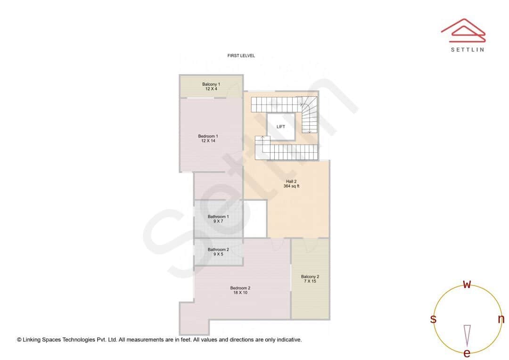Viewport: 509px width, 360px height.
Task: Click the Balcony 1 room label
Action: [211, 84]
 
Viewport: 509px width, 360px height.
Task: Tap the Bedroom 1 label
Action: [208, 136]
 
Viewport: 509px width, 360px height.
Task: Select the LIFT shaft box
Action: [281, 127]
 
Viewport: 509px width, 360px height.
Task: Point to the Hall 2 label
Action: [291, 181]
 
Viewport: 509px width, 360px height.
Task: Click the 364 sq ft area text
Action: [291, 187]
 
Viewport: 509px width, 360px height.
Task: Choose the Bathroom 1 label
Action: [218, 217]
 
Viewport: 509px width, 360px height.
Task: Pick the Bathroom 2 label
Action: [218, 250]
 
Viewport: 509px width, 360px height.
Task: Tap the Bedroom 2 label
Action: [240, 288]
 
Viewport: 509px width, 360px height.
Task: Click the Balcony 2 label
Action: [310, 277]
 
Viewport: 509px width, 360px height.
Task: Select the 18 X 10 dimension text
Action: [240, 293]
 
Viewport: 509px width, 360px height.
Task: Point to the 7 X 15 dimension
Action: [310, 281]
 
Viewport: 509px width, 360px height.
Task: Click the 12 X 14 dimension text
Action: [208, 141]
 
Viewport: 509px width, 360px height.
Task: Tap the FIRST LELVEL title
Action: [241, 56]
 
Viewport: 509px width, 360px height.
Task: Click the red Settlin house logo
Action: [463, 29]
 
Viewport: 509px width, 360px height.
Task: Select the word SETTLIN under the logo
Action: [467, 49]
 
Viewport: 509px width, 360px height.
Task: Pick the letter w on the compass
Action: [467, 284]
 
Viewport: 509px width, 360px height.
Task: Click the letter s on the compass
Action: [433, 319]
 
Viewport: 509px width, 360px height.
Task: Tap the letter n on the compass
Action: [501, 319]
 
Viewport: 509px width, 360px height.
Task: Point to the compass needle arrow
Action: [467, 335]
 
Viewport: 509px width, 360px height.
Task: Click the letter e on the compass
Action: [467, 353]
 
